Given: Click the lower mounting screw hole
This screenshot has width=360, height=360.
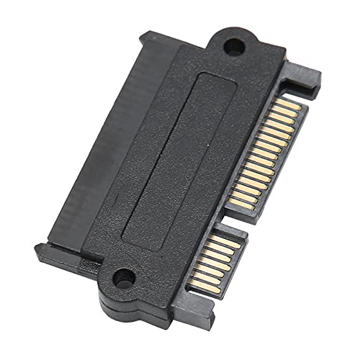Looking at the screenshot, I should click(x=124, y=275).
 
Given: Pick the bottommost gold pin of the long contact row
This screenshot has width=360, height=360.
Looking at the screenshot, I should click(x=238, y=202).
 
